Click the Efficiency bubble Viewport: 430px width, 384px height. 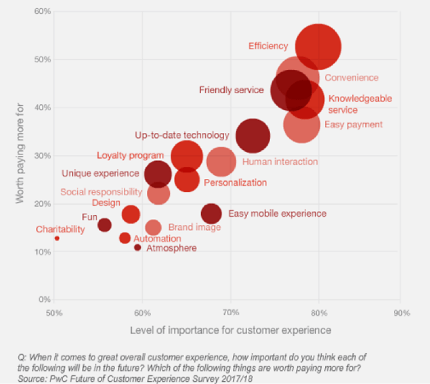[x=318, y=47]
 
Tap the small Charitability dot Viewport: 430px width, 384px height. [x=57, y=238]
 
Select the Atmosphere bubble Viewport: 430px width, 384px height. [x=138, y=248]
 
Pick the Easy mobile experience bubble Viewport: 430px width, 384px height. [x=211, y=214]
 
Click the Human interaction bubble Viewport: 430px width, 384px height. [x=221, y=162]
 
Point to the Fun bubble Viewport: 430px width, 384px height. [x=104, y=225]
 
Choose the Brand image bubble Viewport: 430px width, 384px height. [x=153, y=228]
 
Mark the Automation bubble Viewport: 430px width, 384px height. [x=125, y=238]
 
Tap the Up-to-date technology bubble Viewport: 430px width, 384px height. [x=252, y=136]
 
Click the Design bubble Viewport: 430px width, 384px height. [x=131, y=214]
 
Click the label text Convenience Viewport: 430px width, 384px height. [x=351, y=78]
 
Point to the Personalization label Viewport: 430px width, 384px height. [x=235, y=183]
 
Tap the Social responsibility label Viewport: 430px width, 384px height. [x=101, y=192]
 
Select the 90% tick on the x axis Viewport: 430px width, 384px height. [x=401, y=314]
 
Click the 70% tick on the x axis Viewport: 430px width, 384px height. [x=230, y=314]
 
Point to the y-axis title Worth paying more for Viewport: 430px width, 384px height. [x=21, y=155]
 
